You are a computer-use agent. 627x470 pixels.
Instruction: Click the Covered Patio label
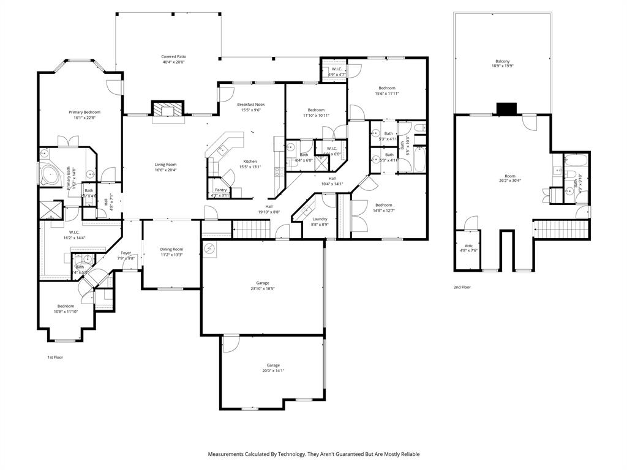(173, 56)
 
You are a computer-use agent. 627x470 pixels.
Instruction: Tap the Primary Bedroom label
(84, 112)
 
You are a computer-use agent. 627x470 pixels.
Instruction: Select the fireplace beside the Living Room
(167, 110)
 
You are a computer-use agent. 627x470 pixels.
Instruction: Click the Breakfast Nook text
(250, 105)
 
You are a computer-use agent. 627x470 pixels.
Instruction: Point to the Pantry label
(221, 190)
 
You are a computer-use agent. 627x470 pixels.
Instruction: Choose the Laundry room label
(320, 218)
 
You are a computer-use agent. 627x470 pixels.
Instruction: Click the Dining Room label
(171, 249)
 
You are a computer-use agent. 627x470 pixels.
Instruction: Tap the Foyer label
(126, 253)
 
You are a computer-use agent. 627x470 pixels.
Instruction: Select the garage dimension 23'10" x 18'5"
(263, 288)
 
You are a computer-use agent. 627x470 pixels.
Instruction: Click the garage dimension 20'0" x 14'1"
(273, 370)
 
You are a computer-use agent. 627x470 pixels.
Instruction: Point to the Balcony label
(502, 61)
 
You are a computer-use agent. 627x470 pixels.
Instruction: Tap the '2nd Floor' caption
(462, 287)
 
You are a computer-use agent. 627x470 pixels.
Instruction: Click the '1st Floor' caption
(55, 357)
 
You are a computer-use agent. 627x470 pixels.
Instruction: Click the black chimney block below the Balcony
(506, 109)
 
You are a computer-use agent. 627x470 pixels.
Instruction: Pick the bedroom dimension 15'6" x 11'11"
(386, 94)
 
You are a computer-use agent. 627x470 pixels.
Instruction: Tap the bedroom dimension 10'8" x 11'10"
(66, 311)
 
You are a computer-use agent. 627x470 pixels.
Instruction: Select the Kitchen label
(250, 161)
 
